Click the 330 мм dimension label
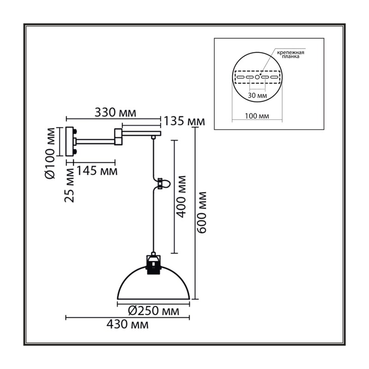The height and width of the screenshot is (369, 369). [x=115, y=113]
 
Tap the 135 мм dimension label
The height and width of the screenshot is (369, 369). [x=184, y=121]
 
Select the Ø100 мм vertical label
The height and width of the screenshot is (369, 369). [x=50, y=153]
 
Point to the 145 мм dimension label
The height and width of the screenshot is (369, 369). [x=97, y=171]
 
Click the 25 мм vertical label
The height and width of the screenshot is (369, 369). [x=70, y=185]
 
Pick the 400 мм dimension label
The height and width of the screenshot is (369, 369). [x=181, y=197]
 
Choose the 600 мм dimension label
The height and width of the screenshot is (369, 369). [x=202, y=213]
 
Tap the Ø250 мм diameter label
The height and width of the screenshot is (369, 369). [x=154, y=311]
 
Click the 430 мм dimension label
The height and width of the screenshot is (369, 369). [x=128, y=325]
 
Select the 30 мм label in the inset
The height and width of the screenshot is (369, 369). [x=257, y=95]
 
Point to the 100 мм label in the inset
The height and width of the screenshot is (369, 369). [x=257, y=116]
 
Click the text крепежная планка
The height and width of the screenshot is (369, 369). [x=291, y=54]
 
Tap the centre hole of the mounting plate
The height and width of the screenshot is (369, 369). [x=257, y=77]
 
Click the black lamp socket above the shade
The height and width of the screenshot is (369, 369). [x=153, y=265]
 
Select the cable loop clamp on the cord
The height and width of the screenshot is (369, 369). [x=161, y=184]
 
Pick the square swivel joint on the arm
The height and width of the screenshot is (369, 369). [x=119, y=137]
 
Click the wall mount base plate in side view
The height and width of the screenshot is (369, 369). [x=70, y=142]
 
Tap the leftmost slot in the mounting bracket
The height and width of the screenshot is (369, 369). [x=240, y=77]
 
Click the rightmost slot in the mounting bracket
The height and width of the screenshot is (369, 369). [x=274, y=77]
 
